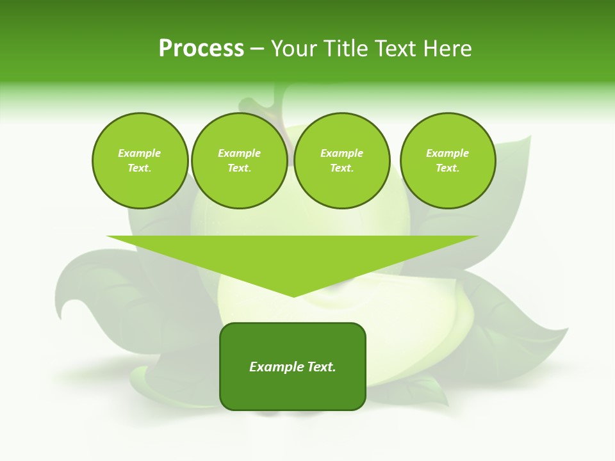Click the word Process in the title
pos(201,49)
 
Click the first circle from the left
pos(140,161)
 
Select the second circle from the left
pos(239,161)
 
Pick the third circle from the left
pos(341,161)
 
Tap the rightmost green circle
pos(447,161)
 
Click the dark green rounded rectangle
pos(293,366)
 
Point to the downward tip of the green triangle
pos(293,295)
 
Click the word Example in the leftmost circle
pos(139,153)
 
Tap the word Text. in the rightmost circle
pos(447,168)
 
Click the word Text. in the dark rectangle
pos(321,367)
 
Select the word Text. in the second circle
pos(239,168)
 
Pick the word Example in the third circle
pos(341,153)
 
